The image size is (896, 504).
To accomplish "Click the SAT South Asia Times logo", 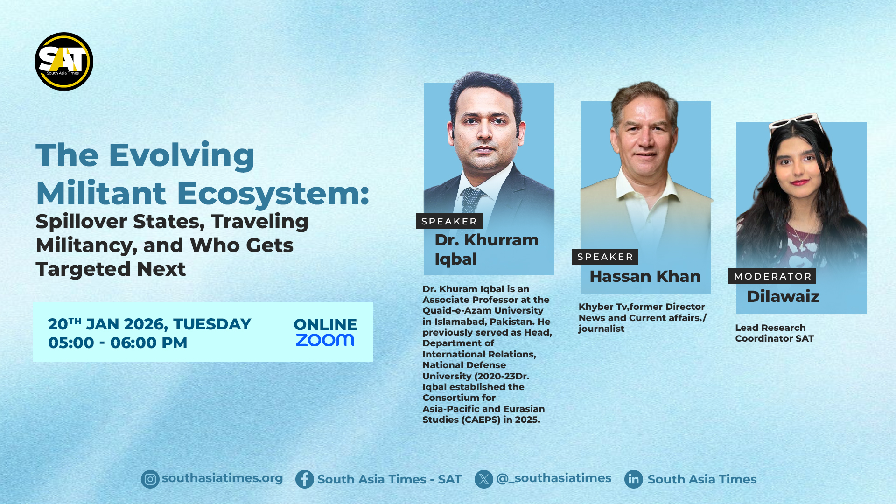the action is pyautogui.click(x=64, y=61).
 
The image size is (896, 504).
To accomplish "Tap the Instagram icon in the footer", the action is pyautogui.click(x=150, y=479).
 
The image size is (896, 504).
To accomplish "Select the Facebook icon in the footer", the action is pyautogui.click(x=305, y=479).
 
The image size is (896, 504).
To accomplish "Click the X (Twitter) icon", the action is pyautogui.click(x=484, y=479).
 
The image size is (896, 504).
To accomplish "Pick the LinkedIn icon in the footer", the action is pyautogui.click(x=634, y=479).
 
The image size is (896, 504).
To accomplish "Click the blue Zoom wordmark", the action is pyautogui.click(x=325, y=340).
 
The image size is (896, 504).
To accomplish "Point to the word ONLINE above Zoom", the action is pyautogui.click(x=325, y=324).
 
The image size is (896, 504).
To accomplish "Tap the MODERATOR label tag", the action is pyautogui.click(x=772, y=276).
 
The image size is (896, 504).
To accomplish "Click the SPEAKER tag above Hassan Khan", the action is pyautogui.click(x=605, y=257).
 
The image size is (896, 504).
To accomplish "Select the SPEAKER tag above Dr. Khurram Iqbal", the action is pyautogui.click(x=449, y=221).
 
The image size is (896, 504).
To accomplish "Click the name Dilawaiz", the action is pyautogui.click(x=783, y=296).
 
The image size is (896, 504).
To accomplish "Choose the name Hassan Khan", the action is pyautogui.click(x=645, y=276).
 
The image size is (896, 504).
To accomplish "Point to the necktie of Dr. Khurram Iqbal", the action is pyautogui.click(x=471, y=200).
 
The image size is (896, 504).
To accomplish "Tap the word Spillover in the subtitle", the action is pyautogui.click(x=81, y=222).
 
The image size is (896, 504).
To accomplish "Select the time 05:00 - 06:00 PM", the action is pyautogui.click(x=118, y=343).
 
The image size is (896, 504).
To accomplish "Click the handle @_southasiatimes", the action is pyautogui.click(x=553, y=479).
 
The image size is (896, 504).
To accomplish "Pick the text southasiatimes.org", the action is pyautogui.click(x=222, y=479).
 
